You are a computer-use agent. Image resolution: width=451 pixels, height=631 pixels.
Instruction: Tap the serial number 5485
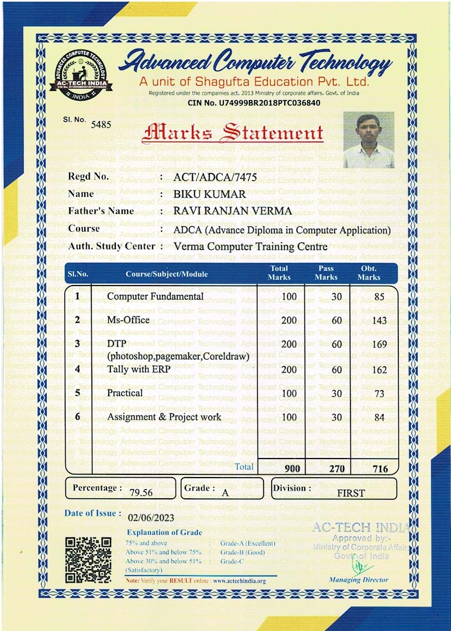coord(101,125)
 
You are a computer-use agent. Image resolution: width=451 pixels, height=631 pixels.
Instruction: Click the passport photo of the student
coord(368,140)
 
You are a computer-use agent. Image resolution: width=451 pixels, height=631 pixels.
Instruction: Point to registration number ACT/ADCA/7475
coord(215,177)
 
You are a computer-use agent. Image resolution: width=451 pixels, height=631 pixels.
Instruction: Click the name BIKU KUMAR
coord(209,194)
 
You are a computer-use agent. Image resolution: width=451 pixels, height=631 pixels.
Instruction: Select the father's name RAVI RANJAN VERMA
coord(232,211)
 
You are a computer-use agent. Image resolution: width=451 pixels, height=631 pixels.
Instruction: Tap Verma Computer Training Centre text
coord(250,246)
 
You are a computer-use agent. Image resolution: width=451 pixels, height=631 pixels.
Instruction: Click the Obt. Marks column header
coord(369,273)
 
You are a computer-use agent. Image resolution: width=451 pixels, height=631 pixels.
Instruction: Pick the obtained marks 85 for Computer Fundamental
coord(379,297)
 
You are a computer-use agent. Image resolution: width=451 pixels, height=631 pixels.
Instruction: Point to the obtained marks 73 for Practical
coord(380,393)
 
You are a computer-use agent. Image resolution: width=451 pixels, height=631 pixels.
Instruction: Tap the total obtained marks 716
coord(380,468)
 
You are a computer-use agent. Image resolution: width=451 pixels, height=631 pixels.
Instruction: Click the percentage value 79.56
coord(141,493)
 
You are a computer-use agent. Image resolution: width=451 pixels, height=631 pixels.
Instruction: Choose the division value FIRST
coord(351,493)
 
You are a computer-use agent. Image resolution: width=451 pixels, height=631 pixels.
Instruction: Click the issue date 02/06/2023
coord(151,518)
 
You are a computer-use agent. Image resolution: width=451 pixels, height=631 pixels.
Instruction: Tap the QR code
coord(88,560)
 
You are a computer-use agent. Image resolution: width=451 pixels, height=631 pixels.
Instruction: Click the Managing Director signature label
coord(359,580)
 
